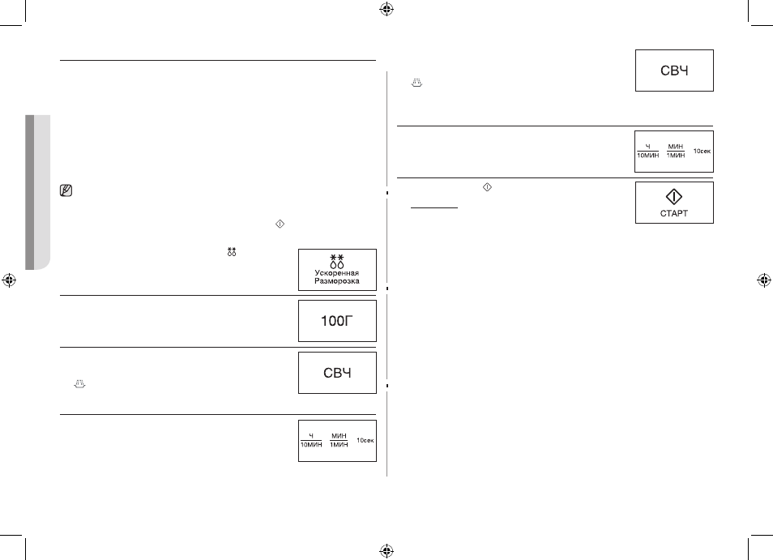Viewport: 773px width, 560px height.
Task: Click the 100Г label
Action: (337, 321)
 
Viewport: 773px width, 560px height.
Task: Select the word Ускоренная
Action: (337, 272)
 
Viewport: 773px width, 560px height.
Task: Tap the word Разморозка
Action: (337, 281)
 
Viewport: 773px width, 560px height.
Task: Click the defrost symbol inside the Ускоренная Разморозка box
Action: (337, 261)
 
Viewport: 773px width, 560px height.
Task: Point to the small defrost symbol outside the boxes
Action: (232, 251)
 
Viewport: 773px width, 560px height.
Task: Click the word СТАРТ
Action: (674, 213)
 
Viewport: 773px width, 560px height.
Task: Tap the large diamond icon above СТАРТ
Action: (674, 197)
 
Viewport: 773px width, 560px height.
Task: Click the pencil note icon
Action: (66, 190)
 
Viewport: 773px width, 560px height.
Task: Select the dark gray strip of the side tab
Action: (30, 192)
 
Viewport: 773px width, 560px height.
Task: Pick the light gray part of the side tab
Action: (42, 192)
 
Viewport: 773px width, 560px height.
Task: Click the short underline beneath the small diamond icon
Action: (434, 208)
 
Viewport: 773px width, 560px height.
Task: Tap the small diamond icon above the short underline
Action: (487, 187)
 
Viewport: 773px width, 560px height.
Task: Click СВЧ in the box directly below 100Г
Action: (337, 373)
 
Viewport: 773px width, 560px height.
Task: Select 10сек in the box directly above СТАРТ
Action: (702, 151)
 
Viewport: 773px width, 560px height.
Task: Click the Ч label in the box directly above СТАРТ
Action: (647, 147)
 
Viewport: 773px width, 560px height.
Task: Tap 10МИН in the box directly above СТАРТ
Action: (647, 156)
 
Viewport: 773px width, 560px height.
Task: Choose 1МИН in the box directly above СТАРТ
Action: (676, 156)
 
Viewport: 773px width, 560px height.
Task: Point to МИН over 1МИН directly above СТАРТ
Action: (676, 147)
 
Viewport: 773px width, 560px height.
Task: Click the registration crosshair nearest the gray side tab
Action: (9, 280)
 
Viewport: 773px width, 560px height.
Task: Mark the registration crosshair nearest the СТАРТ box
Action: (764, 280)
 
